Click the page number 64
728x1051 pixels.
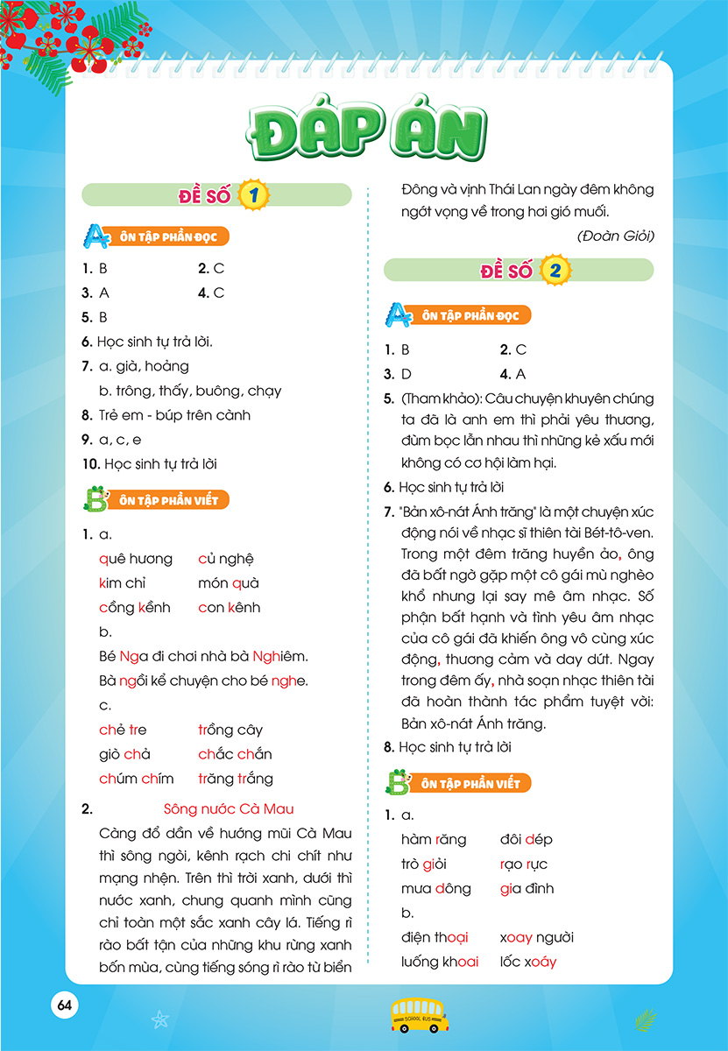(x=64, y=1005)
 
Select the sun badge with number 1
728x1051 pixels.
(x=254, y=195)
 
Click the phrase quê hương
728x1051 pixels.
(x=136, y=559)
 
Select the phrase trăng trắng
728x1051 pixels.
(x=236, y=779)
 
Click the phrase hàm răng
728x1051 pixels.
(x=434, y=840)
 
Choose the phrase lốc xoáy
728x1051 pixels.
(x=528, y=962)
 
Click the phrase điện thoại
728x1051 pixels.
(x=435, y=938)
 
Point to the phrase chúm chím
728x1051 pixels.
(x=137, y=779)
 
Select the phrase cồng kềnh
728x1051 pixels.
(x=135, y=608)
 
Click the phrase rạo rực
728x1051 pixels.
(x=523, y=864)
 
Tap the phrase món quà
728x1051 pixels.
(x=229, y=583)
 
